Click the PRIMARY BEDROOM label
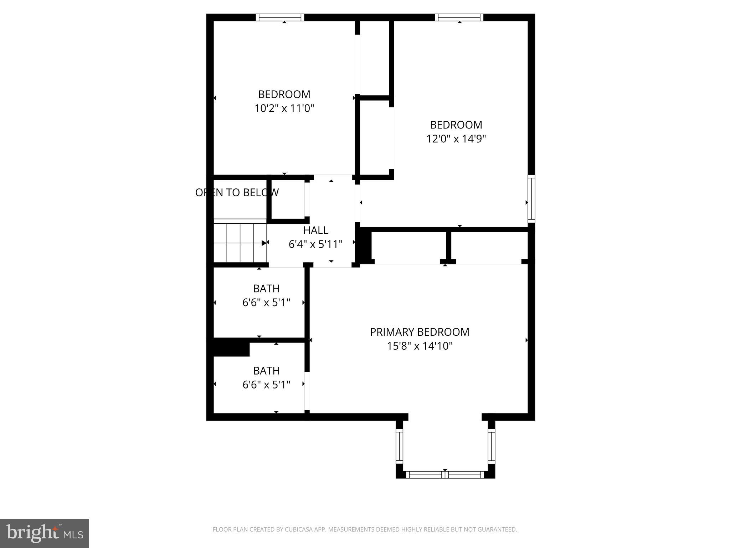coord(420,332)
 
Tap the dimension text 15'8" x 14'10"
coord(420,346)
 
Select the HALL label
coord(315,230)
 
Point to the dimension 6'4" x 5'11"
coord(315,244)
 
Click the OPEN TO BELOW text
coord(237,193)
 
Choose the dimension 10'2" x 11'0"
coord(284,108)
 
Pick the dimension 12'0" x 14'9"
coord(456,138)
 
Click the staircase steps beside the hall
coord(240,243)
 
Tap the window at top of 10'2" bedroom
coord(280,17)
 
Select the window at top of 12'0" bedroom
coord(459,17)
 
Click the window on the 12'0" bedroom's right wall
coord(531,198)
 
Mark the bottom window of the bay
coord(445,475)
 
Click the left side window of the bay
coord(399,446)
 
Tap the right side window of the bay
coord(492,446)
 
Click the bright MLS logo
coord(45,533)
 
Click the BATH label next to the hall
coord(266,288)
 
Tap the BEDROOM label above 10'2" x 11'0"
coord(284,94)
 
